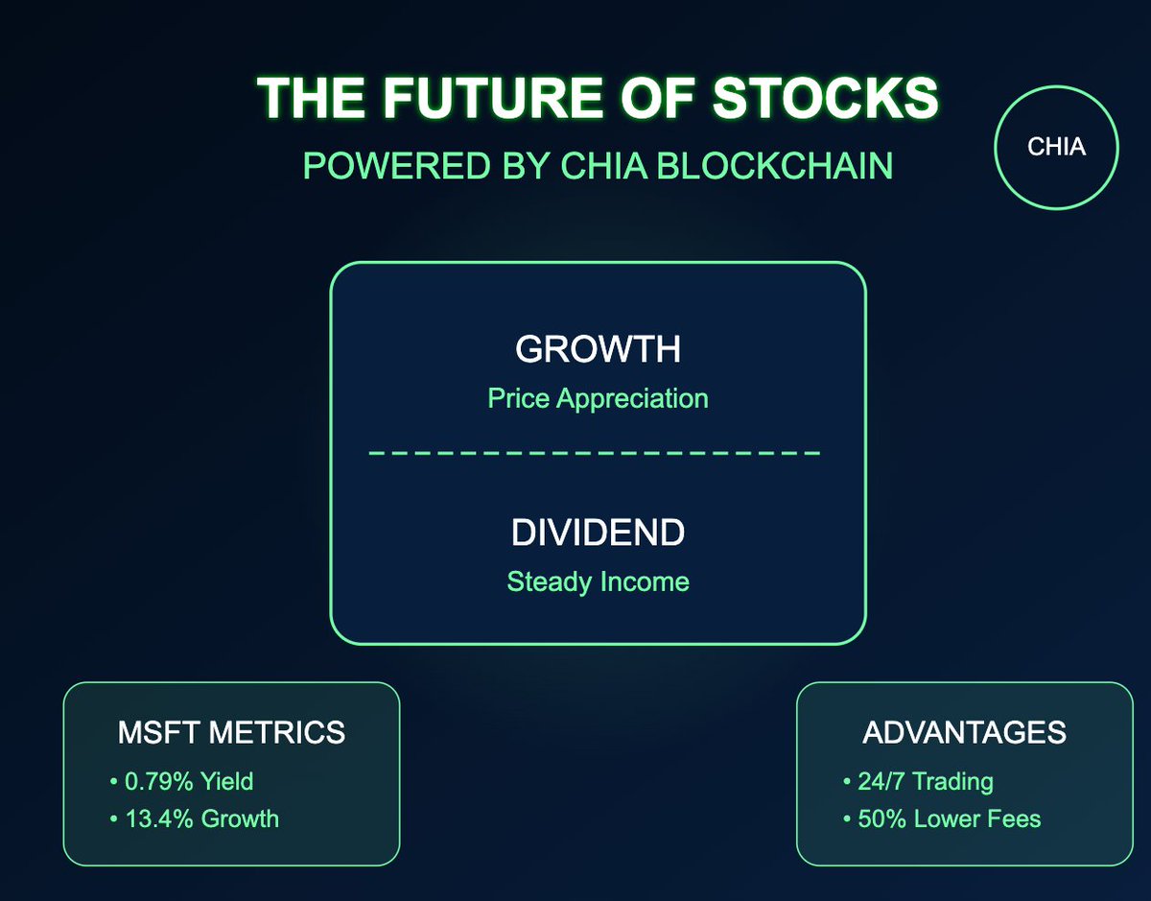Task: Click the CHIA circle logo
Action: [x=1057, y=149]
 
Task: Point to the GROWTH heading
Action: [x=598, y=350]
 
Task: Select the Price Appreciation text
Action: [x=598, y=398]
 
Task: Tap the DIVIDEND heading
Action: [x=598, y=533]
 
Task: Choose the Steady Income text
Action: [x=598, y=581]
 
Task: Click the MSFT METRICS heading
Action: [x=231, y=733]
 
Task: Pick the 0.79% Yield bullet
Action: [x=188, y=781]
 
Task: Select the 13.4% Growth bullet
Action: [x=200, y=818]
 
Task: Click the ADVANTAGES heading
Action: [x=964, y=733]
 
